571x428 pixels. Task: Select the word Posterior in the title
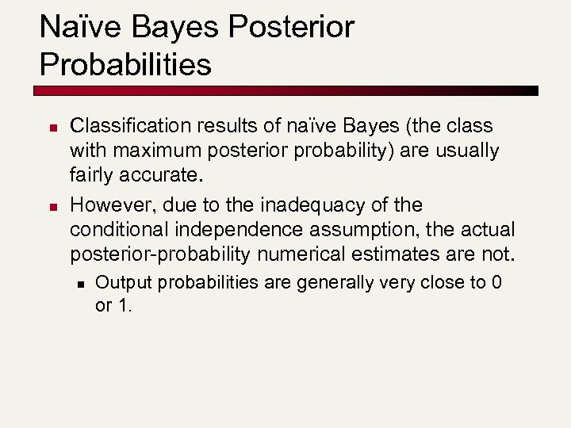pyautogui.click(x=291, y=28)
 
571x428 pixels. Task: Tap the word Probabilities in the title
pyautogui.click(x=125, y=64)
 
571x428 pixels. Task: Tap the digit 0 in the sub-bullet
pyautogui.click(x=496, y=282)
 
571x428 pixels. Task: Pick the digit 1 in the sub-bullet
pyautogui.click(x=123, y=305)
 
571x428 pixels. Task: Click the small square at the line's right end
pyautogui.click(x=534, y=90)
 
